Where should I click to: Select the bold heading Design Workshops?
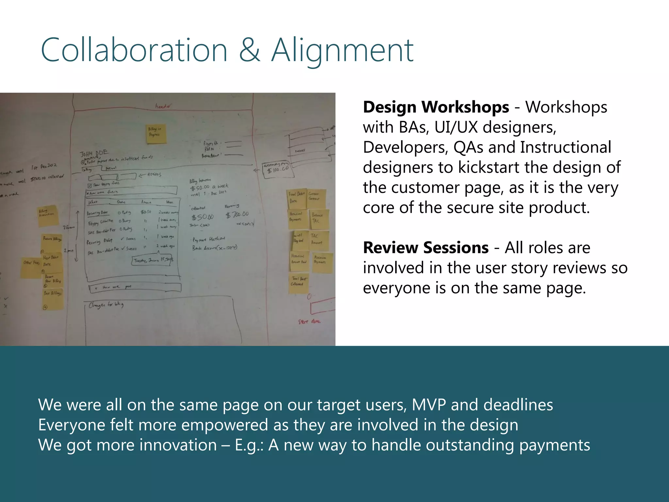436,107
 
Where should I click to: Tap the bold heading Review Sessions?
426,248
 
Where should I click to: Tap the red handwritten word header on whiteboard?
163,106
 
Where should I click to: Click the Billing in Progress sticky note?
156,133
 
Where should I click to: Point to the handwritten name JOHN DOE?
94,153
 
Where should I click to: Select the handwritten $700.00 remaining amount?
237,215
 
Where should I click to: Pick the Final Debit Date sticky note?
297,198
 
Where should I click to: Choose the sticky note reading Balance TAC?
318,218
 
